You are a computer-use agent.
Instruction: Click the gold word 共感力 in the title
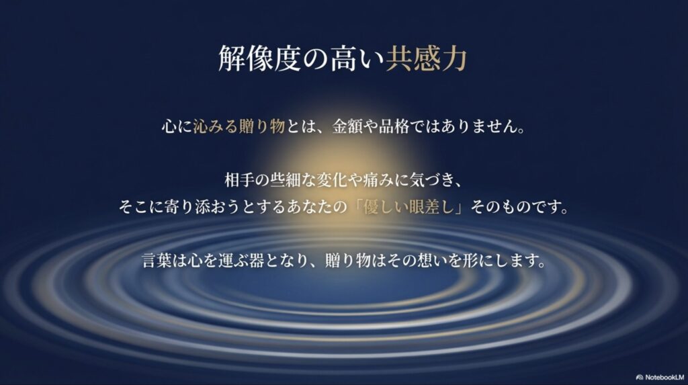click(x=426, y=60)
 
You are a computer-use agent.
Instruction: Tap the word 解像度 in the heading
click(x=251, y=60)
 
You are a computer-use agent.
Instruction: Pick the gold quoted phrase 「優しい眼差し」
click(x=409, y=207)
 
